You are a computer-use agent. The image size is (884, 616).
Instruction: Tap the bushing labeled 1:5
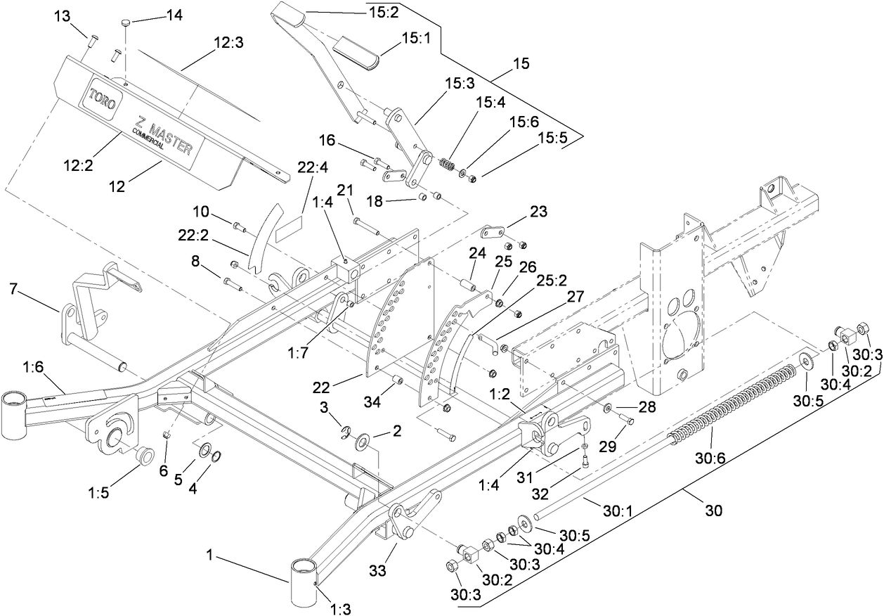[145, 455]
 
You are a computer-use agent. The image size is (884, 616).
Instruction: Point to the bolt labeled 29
[627, 420]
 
